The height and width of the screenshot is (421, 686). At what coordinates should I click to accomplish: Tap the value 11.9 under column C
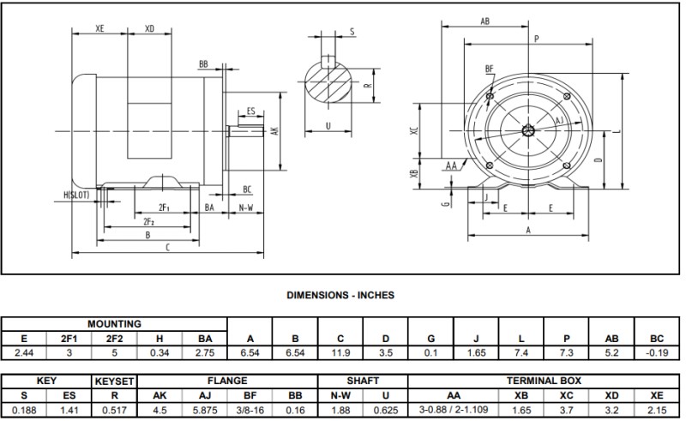point(340,352)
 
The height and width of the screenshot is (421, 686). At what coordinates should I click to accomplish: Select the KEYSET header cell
point(115,380)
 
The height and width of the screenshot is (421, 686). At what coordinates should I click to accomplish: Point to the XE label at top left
point(99,28)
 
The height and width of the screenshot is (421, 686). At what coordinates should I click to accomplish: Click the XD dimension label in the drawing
point(150,28)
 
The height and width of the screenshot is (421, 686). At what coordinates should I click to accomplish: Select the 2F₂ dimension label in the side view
point(148,221)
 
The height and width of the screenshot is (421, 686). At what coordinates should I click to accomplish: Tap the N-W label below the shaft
point(245,208)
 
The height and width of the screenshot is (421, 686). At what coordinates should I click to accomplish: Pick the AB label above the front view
point(484,21)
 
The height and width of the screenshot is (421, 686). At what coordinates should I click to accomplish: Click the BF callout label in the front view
point(490,68)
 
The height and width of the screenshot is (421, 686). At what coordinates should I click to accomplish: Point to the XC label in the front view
point(414,133)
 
